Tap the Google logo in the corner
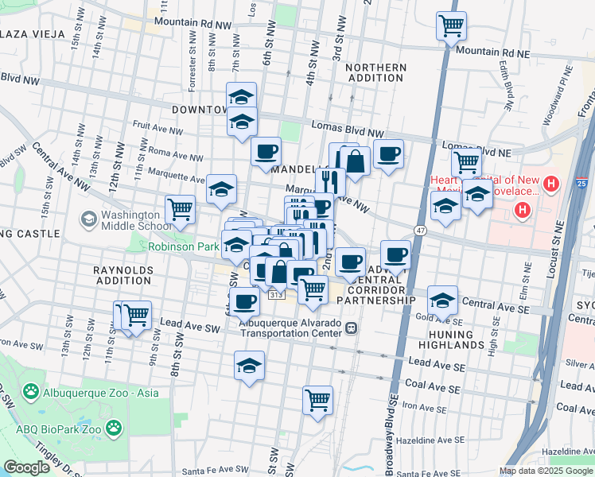26,467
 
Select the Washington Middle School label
130,220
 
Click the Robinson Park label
183,247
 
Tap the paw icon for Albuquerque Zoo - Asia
31,391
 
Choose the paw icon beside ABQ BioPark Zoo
115,428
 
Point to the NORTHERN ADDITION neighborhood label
375,72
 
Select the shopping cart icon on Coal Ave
317,399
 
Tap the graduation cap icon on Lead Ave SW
250,366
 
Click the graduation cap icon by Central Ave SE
442,301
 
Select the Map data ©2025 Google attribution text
545,471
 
